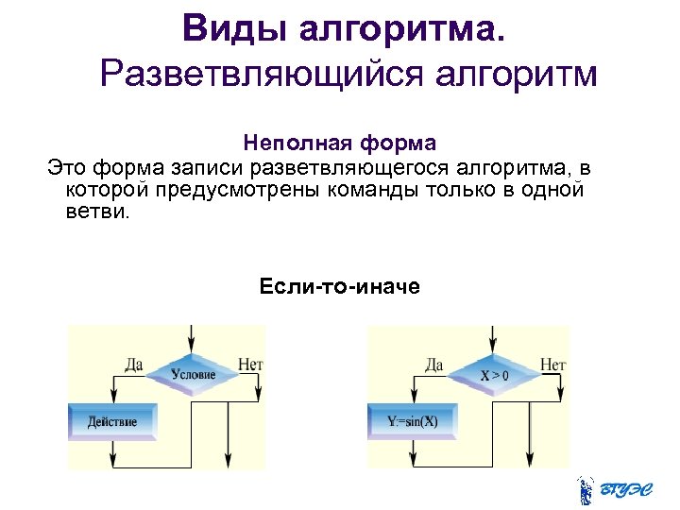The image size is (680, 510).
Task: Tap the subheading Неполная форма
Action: [339, 144]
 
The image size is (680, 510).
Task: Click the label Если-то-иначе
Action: [339, 285]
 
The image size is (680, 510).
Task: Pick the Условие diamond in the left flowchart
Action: [194, 375]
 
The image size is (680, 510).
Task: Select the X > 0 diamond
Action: [493, 375]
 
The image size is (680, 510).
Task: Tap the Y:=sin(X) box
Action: [414, 421]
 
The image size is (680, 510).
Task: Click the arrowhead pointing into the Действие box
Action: [113, 399]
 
